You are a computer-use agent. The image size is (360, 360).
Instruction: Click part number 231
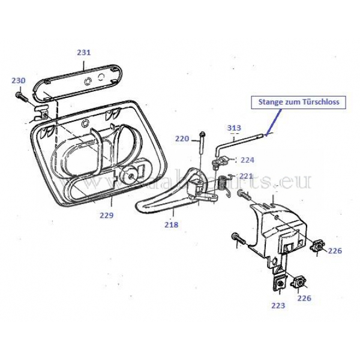(83, 52)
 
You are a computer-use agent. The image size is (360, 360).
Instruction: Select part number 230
(19, 80)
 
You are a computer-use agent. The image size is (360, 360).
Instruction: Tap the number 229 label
(106, 215)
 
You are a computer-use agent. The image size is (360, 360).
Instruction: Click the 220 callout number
(182, 139)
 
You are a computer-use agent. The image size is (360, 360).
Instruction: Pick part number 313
(234, 128)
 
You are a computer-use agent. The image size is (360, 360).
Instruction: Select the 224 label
(247, 160)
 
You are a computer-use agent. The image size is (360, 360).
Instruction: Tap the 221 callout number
(246, 176)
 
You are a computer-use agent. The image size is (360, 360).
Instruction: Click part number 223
(278, 305)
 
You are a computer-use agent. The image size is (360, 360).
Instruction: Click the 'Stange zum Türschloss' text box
(299, 102)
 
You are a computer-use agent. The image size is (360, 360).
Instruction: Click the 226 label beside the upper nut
(335, 251)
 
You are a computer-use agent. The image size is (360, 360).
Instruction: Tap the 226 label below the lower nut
(304, 298)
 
